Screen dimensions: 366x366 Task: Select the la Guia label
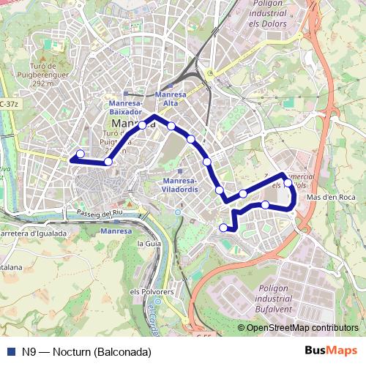point(149,242)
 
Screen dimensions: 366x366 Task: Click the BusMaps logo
point(331,351)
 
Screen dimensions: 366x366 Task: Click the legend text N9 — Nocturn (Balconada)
point(86,351)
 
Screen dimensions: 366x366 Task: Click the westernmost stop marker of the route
point(80,154)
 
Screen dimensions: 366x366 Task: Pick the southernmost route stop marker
point(223,228)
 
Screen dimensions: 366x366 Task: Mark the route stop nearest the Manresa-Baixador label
point(142,124)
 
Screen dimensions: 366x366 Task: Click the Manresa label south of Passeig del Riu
point(116,231)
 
